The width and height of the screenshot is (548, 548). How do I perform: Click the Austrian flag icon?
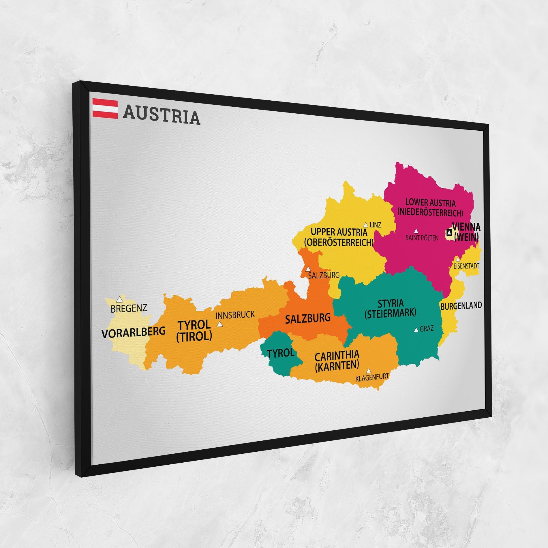click(x=105, y=109)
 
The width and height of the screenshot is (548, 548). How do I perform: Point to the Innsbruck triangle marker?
click(x=220, y=324)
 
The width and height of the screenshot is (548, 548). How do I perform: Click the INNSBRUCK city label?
click(x=235, y=314)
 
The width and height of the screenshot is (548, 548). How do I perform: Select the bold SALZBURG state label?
click(x=307, y=318)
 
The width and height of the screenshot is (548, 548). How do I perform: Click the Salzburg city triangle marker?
click(x=308, y=268)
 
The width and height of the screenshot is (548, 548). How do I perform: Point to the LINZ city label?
click(x=375, y=225)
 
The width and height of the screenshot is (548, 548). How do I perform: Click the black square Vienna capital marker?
click(x=449, y=232)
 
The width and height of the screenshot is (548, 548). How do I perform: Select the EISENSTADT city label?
click(x=466, y=266)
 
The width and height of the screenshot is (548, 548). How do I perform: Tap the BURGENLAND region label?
click(x=461, y=305)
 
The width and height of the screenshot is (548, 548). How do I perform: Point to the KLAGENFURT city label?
click(x=372, y=376)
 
